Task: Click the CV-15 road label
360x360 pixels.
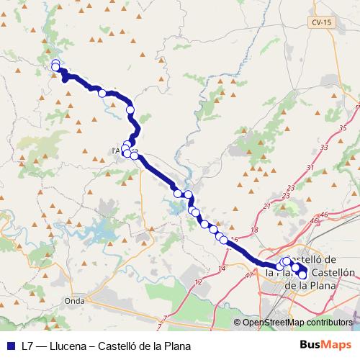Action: point(323,23)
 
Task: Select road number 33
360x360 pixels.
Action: point(323,147)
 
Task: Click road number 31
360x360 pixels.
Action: point(310,168)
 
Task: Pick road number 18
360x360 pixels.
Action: point(253,230)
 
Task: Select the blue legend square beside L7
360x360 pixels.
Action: point(8,346)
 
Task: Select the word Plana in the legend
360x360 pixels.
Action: point(176,346)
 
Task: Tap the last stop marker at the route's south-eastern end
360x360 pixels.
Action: point(302,275)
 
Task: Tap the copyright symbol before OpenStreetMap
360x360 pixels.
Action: point(238,322)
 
